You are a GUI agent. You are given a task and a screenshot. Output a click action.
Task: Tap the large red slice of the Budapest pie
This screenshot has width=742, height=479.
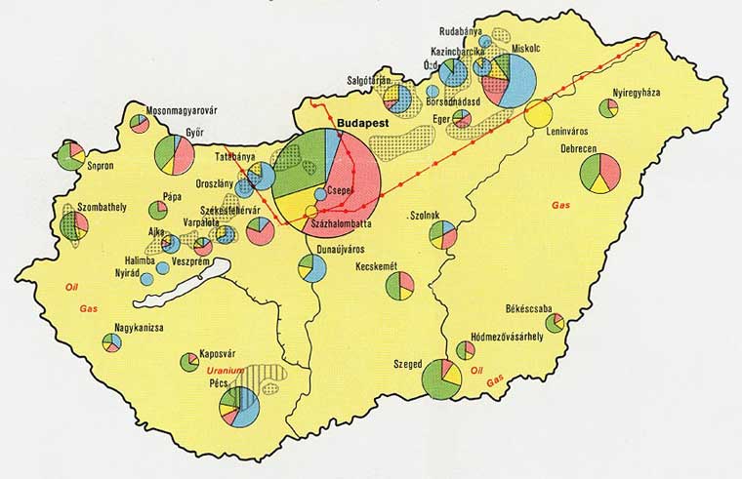pyautogui.click(x=353, y=180)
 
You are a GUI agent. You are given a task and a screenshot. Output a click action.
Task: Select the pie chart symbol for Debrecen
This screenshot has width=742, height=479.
pyautogui.click(x=599, y=173)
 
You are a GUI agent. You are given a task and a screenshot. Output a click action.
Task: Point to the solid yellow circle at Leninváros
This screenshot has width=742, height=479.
pyautogui.click(x=538, y=113)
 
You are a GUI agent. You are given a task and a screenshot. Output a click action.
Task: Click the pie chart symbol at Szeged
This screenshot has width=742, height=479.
pyautogui.click(x=442, y=379)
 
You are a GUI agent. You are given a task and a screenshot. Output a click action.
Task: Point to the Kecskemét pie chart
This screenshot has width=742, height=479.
pyautogui.click(x=399, y=286)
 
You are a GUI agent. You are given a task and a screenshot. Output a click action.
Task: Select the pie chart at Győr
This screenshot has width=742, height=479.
pyautogui.click(x=174, y=154)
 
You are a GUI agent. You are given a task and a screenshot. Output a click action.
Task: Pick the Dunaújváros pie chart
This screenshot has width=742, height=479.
pyautogui.click(x=313, y=267)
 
